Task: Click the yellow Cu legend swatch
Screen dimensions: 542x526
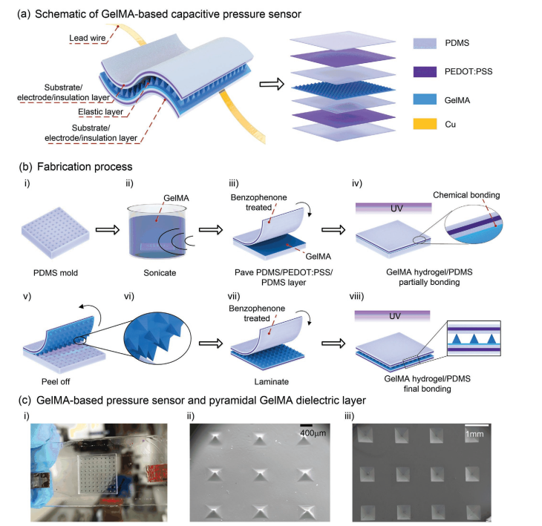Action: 425,124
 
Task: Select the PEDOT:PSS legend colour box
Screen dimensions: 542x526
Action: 425,71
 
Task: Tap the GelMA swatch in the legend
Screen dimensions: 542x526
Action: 425,99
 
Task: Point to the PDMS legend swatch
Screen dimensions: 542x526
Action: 425,44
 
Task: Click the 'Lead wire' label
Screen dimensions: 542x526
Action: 88,38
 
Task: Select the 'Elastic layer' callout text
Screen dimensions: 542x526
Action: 100,112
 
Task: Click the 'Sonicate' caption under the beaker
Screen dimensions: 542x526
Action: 160,273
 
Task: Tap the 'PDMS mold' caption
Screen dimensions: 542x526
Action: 56,273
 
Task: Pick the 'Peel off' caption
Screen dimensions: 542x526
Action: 56,381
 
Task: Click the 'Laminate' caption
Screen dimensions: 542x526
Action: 271,381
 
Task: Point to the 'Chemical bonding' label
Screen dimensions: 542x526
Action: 466,195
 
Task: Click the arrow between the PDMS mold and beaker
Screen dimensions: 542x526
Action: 108,230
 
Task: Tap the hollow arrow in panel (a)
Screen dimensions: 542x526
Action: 272,84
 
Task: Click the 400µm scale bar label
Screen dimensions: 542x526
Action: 313,433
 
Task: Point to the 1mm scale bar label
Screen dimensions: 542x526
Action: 474,434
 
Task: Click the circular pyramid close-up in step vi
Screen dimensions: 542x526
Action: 157,341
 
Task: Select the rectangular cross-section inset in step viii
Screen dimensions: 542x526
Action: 474,338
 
